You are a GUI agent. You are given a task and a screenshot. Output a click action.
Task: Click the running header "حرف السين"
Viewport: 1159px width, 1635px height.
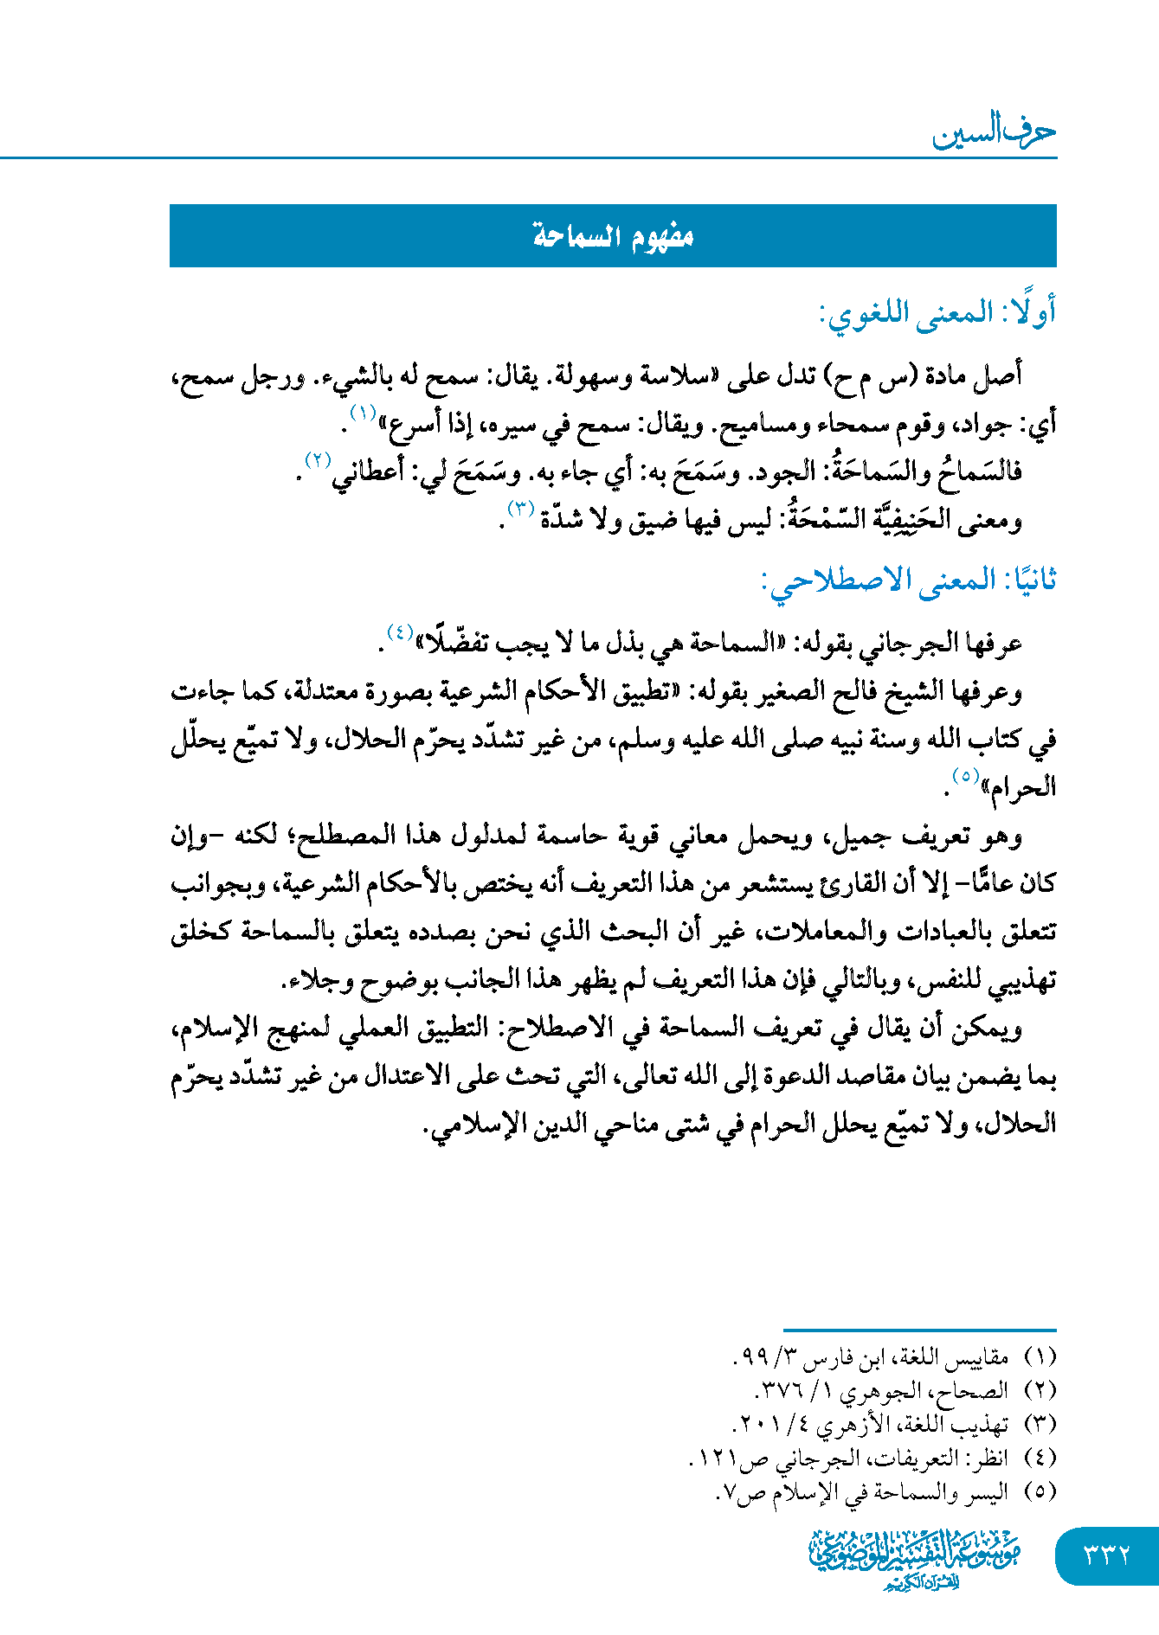[x=994, y=132]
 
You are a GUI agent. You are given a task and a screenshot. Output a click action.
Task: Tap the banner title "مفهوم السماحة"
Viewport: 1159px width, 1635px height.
[x=613, y=236]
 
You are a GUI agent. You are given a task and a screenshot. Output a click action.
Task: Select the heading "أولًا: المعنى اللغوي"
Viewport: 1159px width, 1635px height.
[x=937, y=313]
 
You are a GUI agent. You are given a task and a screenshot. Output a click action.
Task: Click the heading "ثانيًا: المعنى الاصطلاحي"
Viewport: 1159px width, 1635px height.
[x=909, y=580]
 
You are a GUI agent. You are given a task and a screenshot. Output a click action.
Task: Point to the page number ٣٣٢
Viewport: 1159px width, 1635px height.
[x=1107, y=1555]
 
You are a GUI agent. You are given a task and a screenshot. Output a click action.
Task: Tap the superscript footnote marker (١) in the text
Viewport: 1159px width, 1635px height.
[x=362, y=412]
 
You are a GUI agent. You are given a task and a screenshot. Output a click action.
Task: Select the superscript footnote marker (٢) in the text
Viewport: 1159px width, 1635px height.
[x=318, y=459]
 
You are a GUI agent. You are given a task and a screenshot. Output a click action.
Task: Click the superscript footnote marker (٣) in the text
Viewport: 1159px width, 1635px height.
[x=521, y=508]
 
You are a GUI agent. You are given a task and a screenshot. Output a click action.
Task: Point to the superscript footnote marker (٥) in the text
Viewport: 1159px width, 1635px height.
[x=964, y=774]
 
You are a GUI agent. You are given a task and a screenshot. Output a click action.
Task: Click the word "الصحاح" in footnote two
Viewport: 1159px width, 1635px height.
[x=978, y=1390]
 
